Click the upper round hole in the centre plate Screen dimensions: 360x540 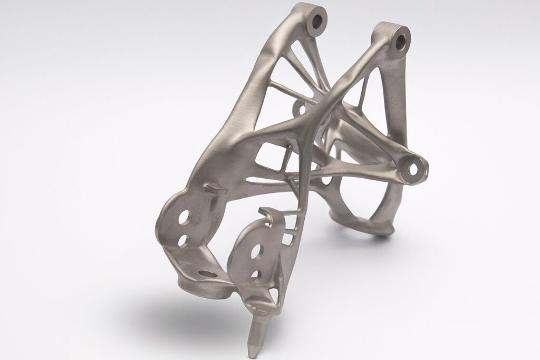259,250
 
